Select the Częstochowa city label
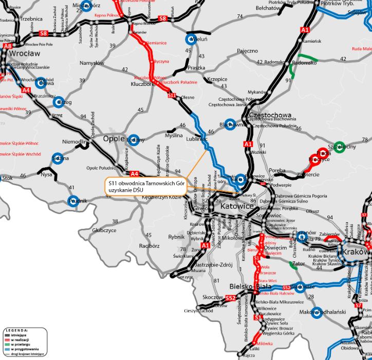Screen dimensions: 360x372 tap(270, 115)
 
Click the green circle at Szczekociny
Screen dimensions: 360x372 tap(339, 147)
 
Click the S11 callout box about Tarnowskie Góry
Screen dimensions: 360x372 tap(145, 186)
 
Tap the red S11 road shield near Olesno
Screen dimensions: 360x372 tap(172, 95)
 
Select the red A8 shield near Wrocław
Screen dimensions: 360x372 tap(7, 46)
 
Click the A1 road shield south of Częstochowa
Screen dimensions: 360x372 tap(249, 144)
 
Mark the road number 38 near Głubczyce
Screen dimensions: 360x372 tap(115, 222)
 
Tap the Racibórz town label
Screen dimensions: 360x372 tap(150, 246)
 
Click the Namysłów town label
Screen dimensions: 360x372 tap(92, 63)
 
